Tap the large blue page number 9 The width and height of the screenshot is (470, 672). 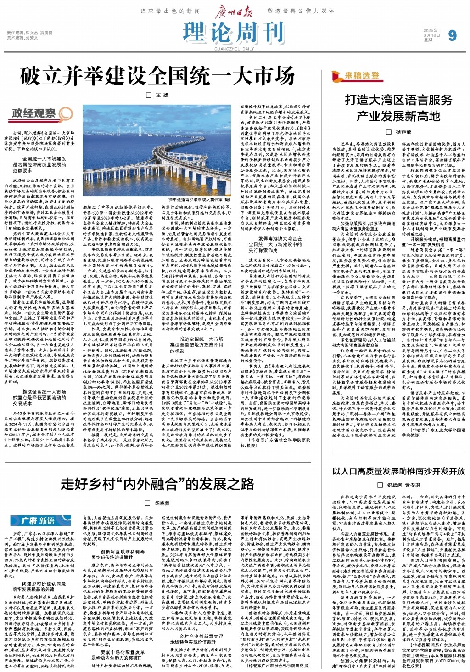[452, 35]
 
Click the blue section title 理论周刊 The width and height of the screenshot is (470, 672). [234, 33]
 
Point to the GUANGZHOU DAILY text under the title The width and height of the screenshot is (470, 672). [234, 49]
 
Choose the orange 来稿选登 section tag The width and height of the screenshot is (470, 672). [363, 76]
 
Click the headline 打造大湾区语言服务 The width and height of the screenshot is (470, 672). [398, 100]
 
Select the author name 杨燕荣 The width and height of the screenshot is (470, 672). [403, 132]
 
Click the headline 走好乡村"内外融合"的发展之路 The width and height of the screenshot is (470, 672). [157, 484]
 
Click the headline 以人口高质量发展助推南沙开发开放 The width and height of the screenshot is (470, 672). [398, 471]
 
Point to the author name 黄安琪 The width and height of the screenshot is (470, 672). [412, 485]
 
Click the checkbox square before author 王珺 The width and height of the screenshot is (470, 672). [148, 95]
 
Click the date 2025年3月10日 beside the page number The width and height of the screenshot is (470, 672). [431, 35]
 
